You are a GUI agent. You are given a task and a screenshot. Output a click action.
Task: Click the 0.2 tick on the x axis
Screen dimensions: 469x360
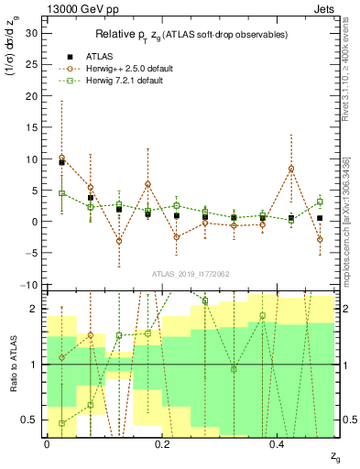click(162, 443)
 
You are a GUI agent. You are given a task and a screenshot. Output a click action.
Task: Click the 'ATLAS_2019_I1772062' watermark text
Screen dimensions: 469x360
click(190, 273)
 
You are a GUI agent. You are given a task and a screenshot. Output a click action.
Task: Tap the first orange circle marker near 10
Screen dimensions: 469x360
click(61, 158)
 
